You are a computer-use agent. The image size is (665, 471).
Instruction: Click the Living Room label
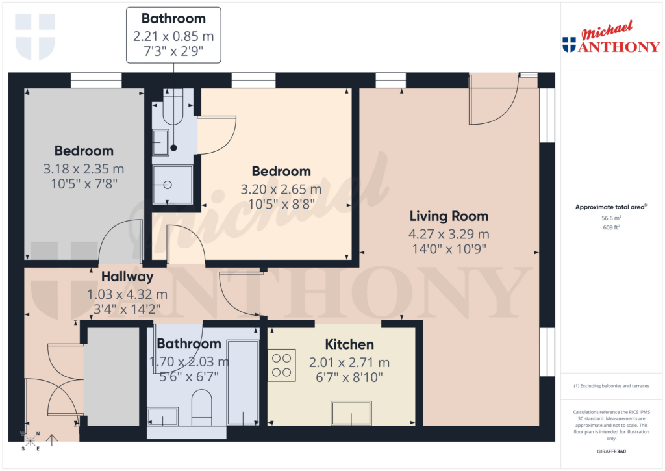coord(449,216)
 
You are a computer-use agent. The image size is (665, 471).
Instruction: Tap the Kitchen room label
coord(349,344)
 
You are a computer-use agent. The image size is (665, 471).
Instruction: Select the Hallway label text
coord(127,277)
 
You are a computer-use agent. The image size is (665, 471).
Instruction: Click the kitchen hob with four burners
coord(282,364)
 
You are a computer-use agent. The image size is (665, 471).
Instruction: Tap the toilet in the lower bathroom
coord(202,407)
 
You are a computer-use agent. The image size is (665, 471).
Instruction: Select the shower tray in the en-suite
coord(172,185)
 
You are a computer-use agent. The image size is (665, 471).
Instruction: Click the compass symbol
coord(30,441)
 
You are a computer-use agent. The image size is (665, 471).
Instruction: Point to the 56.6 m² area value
coord(610,218)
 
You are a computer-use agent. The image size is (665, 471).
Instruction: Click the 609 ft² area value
coord(610,227)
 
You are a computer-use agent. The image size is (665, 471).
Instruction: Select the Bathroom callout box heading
coord(173,19)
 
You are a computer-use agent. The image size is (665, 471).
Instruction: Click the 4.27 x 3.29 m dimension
coord(449,234)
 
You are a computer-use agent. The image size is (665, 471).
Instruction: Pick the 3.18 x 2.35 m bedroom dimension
coord(84,169)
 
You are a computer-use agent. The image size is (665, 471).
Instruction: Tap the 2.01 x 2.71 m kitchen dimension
coord(349,363)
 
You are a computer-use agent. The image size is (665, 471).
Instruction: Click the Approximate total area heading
coord(610,207)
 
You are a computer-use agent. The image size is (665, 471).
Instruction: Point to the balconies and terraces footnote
coord(610,386)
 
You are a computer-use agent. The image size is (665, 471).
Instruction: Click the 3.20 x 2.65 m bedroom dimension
coord(281,190)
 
